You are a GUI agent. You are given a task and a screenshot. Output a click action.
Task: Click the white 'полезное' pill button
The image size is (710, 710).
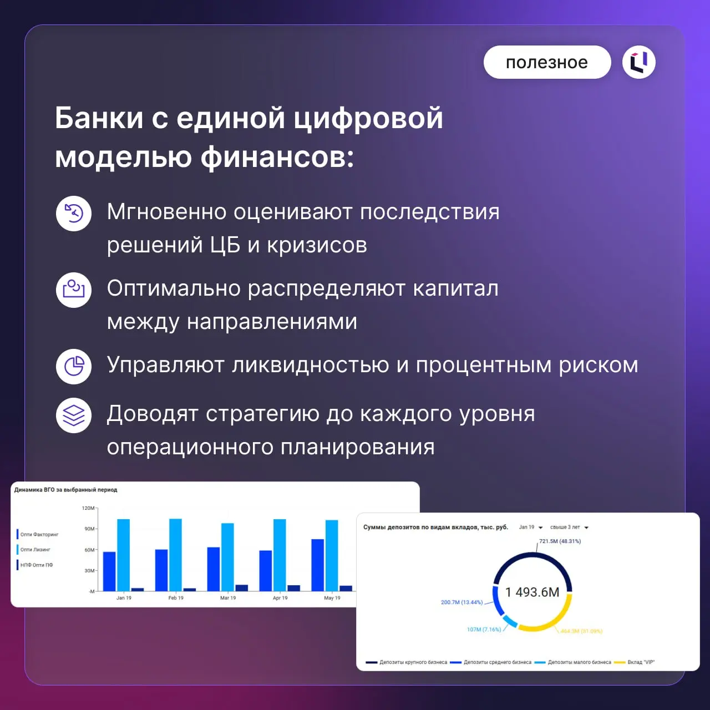click(x=547, y=62)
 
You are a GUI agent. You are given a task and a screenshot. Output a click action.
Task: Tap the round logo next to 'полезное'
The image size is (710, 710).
click(x=639, y=62)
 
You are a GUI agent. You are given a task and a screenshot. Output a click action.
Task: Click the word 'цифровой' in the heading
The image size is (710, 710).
click(x=368, y=118)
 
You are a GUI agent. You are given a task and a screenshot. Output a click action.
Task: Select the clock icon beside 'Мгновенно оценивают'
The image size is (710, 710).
click(x=74, y=213)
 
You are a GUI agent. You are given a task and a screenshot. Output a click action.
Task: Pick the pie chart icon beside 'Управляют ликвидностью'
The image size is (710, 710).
click(x=74, y=366)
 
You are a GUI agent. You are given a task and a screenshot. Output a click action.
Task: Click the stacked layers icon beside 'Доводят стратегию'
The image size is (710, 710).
click(x=74, y=415)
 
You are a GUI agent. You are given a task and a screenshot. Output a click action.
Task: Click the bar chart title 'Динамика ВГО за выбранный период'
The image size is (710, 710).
click(x=65, y=490)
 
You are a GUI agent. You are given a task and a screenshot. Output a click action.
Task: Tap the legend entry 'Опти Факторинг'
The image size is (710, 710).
click(x=39, y=534)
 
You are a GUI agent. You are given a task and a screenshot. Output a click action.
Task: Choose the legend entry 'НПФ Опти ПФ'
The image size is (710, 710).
click(x=37, y=565)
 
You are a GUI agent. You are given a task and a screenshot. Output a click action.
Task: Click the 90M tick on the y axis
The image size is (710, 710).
click(x=89, y=529)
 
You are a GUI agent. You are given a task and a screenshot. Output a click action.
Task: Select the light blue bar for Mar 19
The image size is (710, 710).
click(x=227, y=556)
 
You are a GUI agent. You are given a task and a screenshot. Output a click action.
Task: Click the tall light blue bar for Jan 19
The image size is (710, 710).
click(x=123, y=555)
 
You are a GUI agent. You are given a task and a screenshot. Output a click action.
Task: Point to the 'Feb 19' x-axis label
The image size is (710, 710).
click(x=176, y=598)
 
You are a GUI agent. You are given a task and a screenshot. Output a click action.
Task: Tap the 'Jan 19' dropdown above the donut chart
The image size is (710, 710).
click(x=530, y=528)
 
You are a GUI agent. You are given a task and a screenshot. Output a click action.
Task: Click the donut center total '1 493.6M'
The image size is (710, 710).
click(x=532, y=592)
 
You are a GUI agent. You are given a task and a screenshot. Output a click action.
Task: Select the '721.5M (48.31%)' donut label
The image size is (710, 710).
click(x=560, y=541)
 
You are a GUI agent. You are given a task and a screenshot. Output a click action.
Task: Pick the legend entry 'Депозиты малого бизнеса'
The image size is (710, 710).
click(x=579, y=662)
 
